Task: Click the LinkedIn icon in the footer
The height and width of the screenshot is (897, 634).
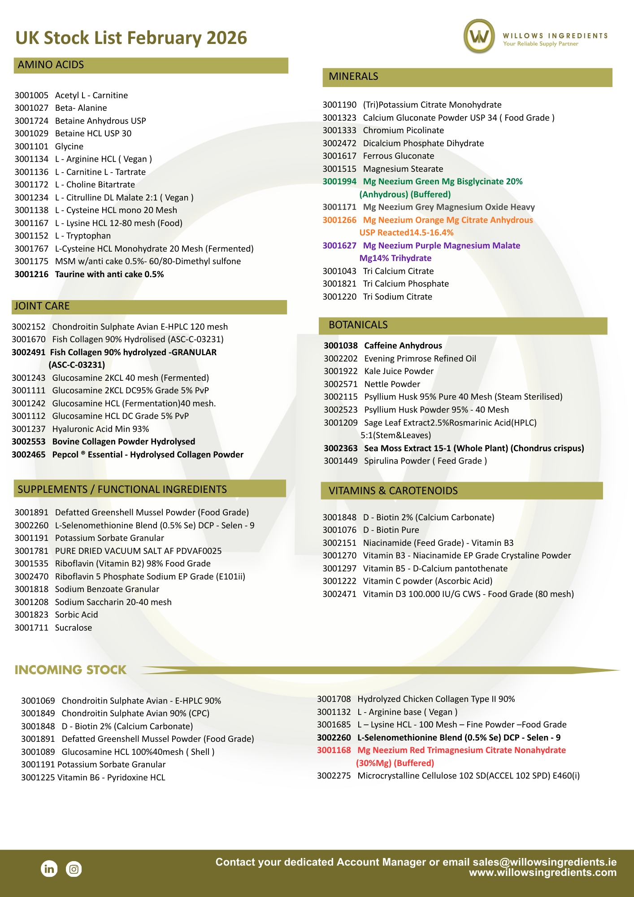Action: tap(49, 869)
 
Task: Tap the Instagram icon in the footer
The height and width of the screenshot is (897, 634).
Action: tap(74, 869)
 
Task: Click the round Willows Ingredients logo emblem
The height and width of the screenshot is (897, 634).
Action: tap(479, 36)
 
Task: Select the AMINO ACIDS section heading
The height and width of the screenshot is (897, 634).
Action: tap(51, 65)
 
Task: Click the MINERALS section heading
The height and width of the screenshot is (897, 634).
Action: tap(353, 77)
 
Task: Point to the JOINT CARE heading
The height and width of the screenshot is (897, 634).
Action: tap(42, 306)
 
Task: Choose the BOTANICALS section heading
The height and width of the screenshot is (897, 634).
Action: tap(358, 325)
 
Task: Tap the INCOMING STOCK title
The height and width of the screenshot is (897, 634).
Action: tap(71, 670)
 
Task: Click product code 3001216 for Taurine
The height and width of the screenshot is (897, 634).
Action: tap(31, 274)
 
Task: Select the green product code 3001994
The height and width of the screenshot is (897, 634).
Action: tap(339, 182)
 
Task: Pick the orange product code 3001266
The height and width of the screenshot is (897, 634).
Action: tap(339, 220)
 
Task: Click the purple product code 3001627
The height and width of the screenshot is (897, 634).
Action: tap(339, 246)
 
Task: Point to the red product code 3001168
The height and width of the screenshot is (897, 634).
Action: tap(334, 750)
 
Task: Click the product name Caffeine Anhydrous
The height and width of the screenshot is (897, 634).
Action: tap(403, 346)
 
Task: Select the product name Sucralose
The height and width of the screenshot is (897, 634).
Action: tap(74, 628)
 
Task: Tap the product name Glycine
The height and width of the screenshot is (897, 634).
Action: tap(69, 147)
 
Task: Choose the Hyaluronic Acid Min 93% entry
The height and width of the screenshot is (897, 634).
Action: tap(100, 429)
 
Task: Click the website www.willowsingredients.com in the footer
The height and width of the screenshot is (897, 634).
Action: tap(543, 873)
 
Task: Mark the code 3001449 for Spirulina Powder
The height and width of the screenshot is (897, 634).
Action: tap(341, 461)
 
